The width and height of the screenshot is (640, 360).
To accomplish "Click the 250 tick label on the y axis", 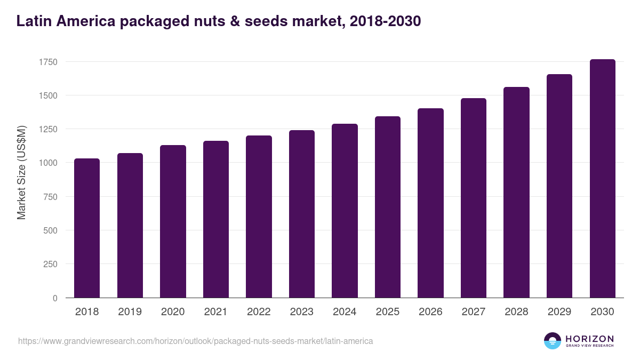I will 50,264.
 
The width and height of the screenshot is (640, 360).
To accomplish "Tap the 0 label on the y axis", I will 55,298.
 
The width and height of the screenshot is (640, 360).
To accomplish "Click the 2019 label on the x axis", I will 130,312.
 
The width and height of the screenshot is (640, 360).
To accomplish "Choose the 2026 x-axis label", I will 430,312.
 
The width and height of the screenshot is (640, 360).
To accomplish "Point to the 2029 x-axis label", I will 559,312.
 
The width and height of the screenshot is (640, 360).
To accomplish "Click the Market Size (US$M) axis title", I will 21,172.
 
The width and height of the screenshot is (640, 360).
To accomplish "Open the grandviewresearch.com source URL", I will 195,341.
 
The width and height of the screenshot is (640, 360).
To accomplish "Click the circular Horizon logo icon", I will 553,341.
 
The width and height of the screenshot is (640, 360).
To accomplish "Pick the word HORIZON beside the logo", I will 589,338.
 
